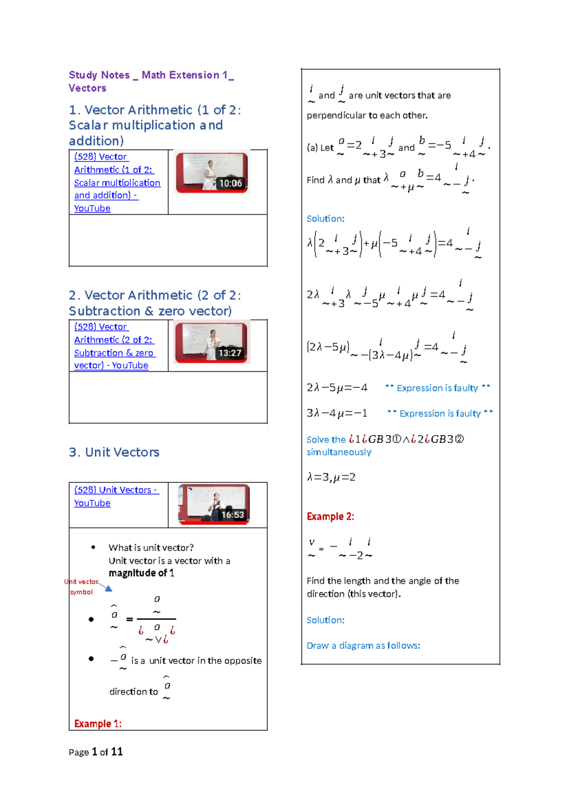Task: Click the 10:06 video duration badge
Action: click(x=230, y=183)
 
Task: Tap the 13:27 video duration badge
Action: click(x=229, y=353)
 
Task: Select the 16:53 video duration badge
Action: click(x=232, y=515)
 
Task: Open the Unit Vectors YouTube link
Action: click(x=116, y=496)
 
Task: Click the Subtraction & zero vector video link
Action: click(x=114, y=346)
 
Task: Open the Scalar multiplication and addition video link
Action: click(x=117, y=182)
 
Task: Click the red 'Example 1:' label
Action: click(x=98, y=724)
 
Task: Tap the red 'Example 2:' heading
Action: click(x=330, y=516)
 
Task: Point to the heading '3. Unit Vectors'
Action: click(x=114, y=452)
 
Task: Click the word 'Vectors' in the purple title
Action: click(x=87, y=88)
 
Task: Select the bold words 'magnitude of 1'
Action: click(x=141, y=573)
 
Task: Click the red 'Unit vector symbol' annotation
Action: click(x=81, y=587)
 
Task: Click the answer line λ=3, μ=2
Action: click(x=331, y=477)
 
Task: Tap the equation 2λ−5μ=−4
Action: click(x=337, y=388)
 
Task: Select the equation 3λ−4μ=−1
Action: click(x=337, y=413)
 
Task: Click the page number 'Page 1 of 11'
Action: click(x=96, y=752)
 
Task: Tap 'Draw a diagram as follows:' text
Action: click(x=363, y=646)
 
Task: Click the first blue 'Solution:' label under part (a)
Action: click(x=325, y=219)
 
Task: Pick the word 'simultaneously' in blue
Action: click(x=339, y=452)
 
